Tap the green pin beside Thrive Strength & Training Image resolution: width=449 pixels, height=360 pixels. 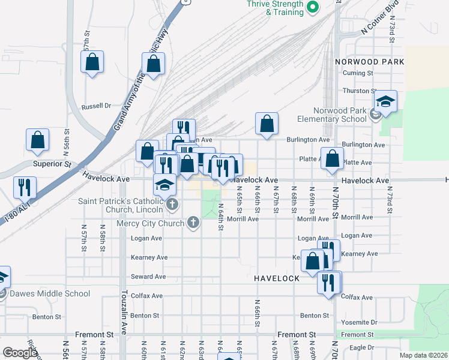pyautogui.click(x=312, y=8)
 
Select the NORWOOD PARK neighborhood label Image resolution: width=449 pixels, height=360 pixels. pyautogui.click(x=369, y=62)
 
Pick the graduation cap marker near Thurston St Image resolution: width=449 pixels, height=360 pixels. pyautogui.click(x=386, y=101)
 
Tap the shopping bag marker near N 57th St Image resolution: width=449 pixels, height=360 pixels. pyautogui.click(x=92, y=62)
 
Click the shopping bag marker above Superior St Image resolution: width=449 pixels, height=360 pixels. pyautogui.click(x=38, y=140)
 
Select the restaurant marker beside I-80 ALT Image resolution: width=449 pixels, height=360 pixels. pyautogui.click(x=25, y=187)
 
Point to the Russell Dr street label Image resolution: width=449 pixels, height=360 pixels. pyautogui.click(x=97, y=106)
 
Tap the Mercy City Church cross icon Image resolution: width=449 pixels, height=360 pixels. pyautogui.click(x=193, y=223)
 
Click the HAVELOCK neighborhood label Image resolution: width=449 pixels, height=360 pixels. pyautogui.click(x=276, y=279)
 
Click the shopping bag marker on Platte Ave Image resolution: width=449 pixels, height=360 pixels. pyautogui.click(x=333, y=159)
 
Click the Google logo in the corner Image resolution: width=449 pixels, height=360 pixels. pyautogui.click(x=20, y=353)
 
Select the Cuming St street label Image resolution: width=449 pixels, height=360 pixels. pyautogui.click(x=358, y=73)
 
